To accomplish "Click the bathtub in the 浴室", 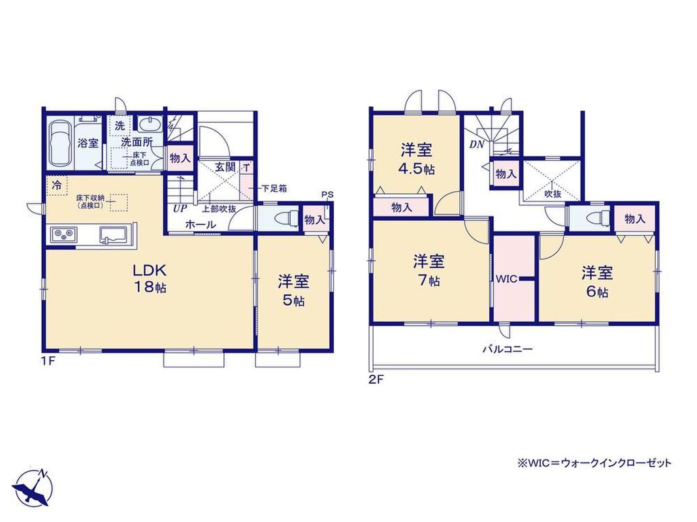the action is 59,143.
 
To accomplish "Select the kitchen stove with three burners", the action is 63,234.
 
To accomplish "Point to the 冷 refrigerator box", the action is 57,185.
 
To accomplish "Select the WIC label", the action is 506,279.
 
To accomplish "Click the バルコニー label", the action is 508,349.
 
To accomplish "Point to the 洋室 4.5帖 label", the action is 417,159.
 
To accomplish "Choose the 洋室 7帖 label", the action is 429,270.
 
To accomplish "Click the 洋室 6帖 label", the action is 597,281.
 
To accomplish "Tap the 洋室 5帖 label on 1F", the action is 293,290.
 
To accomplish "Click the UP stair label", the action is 180,208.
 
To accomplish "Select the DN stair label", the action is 476,144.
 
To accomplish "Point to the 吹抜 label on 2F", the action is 553,194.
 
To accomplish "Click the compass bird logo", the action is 33,488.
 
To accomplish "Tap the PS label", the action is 328,194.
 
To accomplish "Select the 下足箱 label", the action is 273,188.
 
